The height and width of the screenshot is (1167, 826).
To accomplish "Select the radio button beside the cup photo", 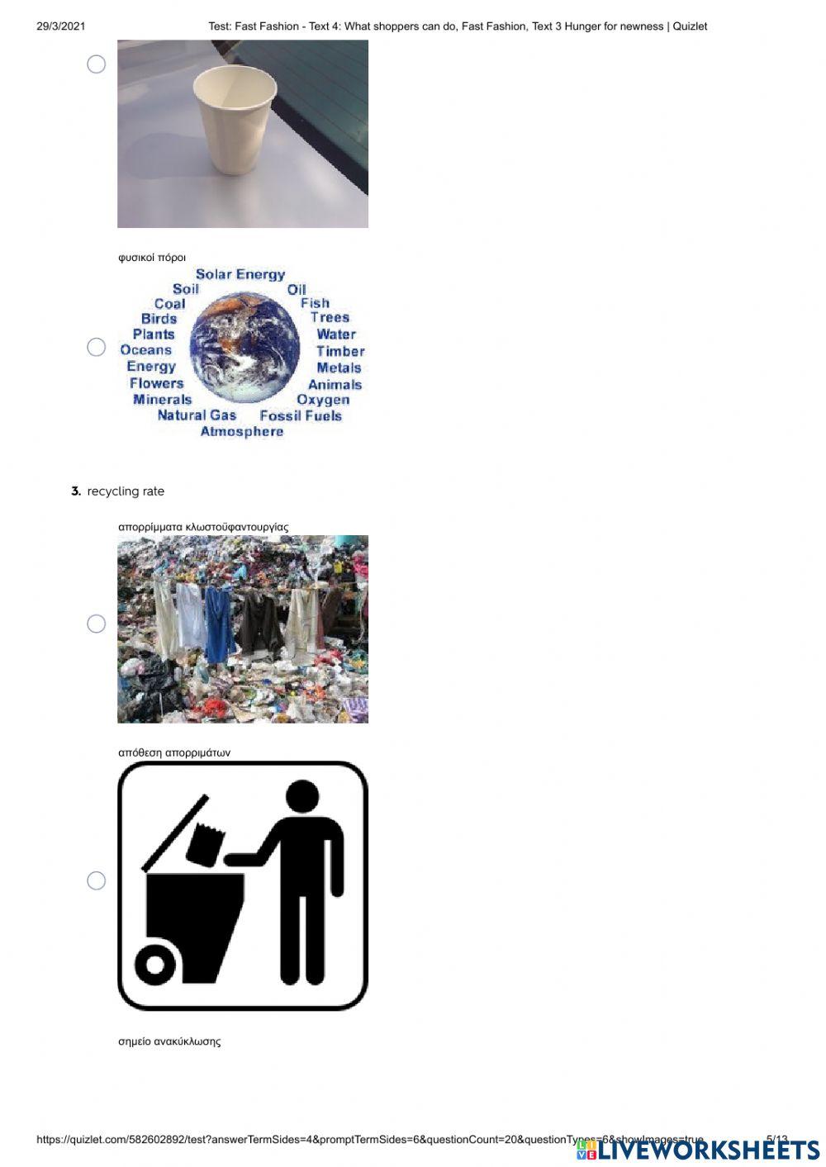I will tap(97, 64).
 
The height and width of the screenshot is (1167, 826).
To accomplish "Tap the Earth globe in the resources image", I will tap(244, 347).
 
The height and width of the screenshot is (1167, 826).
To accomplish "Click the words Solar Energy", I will tap(240, 274).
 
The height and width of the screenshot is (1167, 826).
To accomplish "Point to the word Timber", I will tap(339, 351).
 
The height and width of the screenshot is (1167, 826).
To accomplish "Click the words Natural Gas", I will tap(197, 415).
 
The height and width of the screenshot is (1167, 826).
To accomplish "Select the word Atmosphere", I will tap(241, 432).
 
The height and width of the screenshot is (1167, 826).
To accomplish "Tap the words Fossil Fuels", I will tap(300, 415).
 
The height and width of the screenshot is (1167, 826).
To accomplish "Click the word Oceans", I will tap(145, 350).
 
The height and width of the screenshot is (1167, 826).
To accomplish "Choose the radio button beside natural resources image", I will tap(97, 347).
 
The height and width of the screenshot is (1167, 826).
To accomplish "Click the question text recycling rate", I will tap(126, 491).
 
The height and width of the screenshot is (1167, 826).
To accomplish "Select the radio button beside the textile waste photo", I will tap(97, 624).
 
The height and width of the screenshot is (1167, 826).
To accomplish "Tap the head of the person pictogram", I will tap(301, 797).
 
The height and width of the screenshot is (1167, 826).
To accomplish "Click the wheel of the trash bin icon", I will tap(154, 964).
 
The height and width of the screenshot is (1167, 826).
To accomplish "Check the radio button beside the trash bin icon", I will tap(97, 880).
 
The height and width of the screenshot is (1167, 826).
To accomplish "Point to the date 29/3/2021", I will tap(60, 26).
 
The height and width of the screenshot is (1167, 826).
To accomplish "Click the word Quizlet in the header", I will tap(690, 26).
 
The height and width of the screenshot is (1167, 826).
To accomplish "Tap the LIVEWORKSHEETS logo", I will tap(698, 1150).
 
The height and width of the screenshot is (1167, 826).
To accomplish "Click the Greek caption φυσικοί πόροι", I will tap(152, 258).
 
